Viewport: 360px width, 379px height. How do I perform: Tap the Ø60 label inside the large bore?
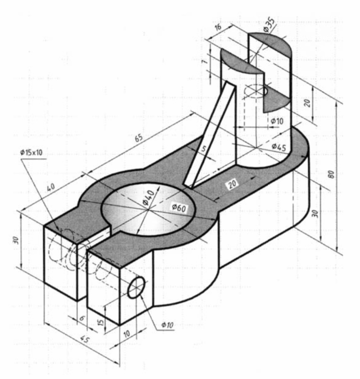tap(179, 208)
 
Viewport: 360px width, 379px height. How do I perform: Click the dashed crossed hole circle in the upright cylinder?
tap(256, 90)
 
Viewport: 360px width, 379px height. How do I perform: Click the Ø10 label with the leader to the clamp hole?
tap(167, 325)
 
